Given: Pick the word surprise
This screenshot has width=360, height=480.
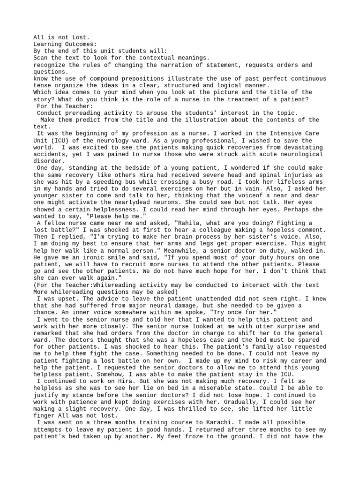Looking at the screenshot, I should [273, 326].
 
